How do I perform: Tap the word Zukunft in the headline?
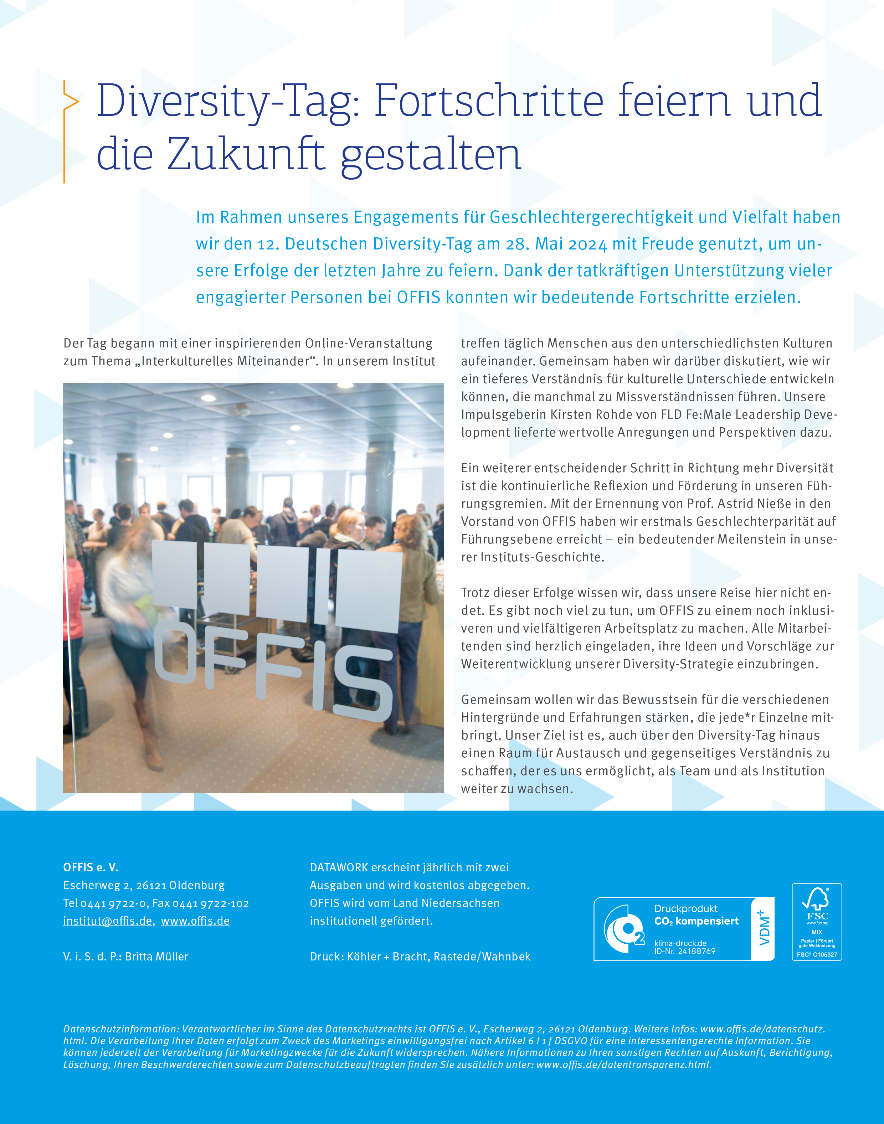[x=246, y=155]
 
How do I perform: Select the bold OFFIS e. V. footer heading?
[x=91, y=867]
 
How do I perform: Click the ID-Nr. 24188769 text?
[x=685, y=951]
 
